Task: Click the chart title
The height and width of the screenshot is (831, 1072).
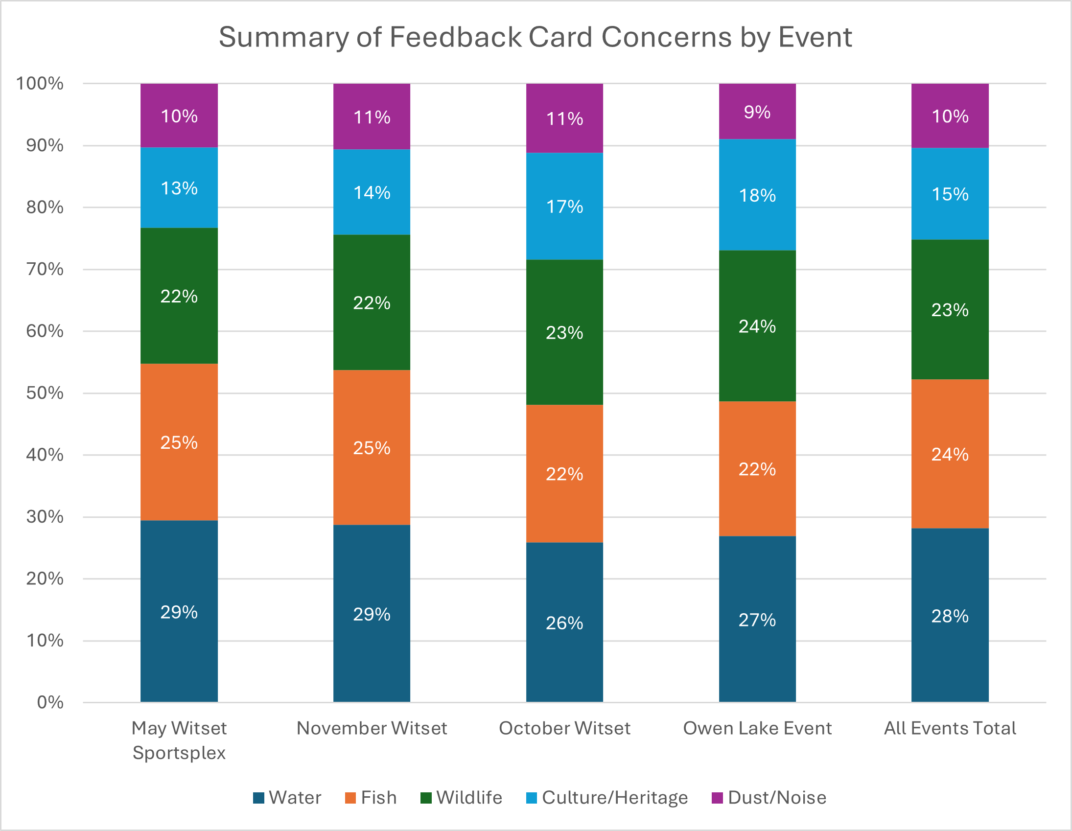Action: click(x=535, y=37)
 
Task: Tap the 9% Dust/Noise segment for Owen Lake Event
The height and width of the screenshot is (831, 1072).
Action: click(x=757, y=112)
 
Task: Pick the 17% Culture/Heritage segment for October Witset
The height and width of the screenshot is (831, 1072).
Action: click(x=564, y=206)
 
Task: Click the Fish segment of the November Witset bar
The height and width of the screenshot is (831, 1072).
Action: click(x=372, y=447)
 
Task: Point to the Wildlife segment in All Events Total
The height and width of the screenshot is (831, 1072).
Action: click(x=950, y=309)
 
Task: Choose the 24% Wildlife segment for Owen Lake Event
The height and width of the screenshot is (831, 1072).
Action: click(x=757, y=326)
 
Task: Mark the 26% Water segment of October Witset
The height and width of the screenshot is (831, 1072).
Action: click(x=564, y=623)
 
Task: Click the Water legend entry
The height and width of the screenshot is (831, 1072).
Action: click(x=287, y=798)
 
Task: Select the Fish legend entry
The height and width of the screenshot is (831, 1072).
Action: click(x=371, y=798)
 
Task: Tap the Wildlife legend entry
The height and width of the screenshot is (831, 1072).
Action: click(x=462, y=798)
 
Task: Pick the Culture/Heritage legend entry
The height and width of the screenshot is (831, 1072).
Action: click(x=607, y=798)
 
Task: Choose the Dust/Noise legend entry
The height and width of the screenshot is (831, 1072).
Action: click(x=769, y=798)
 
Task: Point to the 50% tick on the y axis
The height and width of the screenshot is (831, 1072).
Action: click(x=45, y=392)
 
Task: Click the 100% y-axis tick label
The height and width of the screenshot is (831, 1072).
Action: click(x=40, y=84)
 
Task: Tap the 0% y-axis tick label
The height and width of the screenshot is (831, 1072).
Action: click(x=50, y=702)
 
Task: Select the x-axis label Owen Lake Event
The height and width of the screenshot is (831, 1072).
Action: click(x=757, y=728)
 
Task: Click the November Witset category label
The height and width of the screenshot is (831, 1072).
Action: click(x=372, y=728)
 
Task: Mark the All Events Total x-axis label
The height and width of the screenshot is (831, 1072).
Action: click(x=950, y=728)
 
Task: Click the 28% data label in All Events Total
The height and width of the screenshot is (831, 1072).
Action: click(x=950, y=616)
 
